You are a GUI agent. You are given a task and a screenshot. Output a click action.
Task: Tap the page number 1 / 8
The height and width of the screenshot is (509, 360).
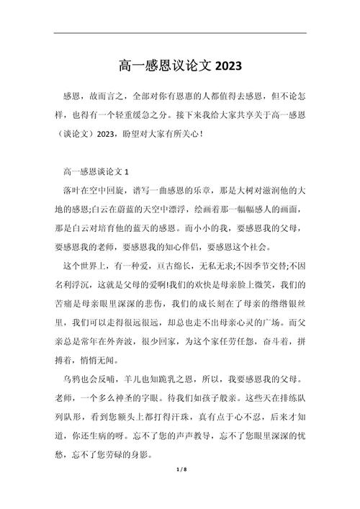click(180, 490)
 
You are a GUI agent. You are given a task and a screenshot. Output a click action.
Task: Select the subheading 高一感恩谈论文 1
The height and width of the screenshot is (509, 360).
click(96, 172)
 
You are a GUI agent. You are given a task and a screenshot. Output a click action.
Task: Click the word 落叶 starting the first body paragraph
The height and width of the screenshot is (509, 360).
click(73, 191)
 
